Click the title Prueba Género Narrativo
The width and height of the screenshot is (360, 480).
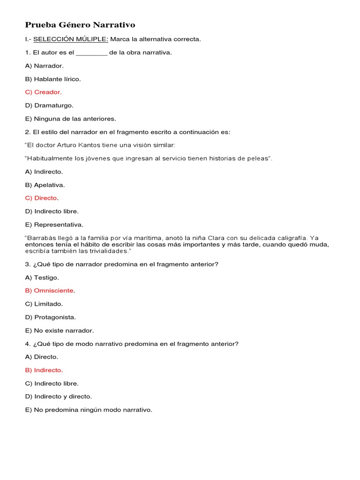pos(80,25)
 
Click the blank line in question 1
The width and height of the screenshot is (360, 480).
pos(91,52)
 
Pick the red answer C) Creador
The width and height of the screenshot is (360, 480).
pos(43,92)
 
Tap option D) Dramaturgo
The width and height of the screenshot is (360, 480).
pos(49,105)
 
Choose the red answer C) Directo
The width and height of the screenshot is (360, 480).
pos(42,198)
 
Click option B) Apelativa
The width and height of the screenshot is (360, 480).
pos(45,185)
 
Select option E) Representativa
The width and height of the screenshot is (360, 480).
pos(54,225)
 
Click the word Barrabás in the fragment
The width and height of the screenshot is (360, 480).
pos(42,238)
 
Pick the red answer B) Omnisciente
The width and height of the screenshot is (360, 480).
pos(50,291)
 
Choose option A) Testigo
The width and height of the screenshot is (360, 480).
pos(42,277)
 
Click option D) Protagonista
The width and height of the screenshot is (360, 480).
pos(50,317)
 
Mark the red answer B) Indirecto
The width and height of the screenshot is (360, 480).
pos(44,370)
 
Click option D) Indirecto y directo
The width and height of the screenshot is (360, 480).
pos(59,397)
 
